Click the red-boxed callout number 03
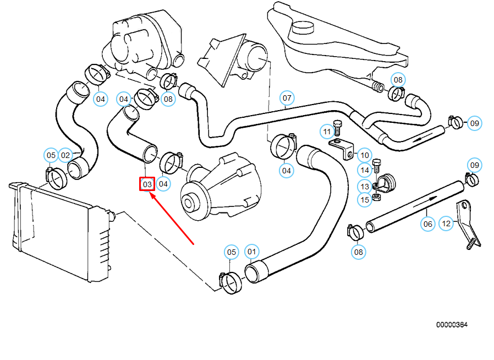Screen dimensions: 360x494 click(x=146, y=184)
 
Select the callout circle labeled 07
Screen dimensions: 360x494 click(x=287, y=99)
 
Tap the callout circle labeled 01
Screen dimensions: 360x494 click(x=251, y=253)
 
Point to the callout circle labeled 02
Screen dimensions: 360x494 click(x=66, y=155)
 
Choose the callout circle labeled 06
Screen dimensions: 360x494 click(x=428, y=223)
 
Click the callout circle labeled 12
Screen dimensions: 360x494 click(x=446, y=223)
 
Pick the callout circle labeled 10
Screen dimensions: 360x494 click(x=365, y=155)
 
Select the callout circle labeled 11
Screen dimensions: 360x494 click(x=327, y=132)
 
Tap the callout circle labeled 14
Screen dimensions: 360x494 click(x=365, y=170)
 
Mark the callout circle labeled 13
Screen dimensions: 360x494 click(x=365, y=186)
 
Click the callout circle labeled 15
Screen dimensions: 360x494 click(x=365, y=200)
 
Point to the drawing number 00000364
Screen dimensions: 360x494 click(x=452, y=325)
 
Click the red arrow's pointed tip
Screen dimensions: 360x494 click(x=151, y=193)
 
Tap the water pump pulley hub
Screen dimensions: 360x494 click(x=190, y=203)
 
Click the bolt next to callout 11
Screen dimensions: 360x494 click(x=338, y=128)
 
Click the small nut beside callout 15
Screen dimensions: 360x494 click(x=376, y=195)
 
